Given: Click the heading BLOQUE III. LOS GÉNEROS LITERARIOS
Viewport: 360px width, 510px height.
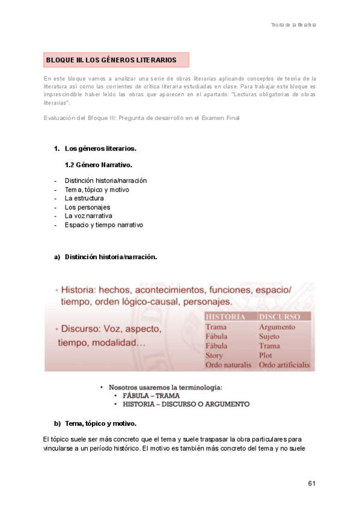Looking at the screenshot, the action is click(111, 60).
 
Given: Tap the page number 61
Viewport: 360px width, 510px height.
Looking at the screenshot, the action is click(311, 484).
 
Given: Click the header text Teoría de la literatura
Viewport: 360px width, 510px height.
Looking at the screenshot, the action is click(293, 25).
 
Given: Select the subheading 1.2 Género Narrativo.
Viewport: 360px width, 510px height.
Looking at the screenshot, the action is click(98, 164).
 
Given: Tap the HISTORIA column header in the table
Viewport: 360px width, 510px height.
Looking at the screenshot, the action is click(225, 316).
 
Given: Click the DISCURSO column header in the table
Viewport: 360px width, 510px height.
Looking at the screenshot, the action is click(279, 316).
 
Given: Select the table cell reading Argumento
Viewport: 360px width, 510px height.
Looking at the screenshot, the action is click(276, 327).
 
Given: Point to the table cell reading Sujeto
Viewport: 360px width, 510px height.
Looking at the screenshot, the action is click(269, 336).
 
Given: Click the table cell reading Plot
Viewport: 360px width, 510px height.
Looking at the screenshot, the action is click(266, 355).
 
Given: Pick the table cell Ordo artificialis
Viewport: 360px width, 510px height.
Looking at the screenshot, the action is click(284, 365).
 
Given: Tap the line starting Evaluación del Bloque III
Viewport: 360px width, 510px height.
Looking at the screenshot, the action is click(142, 118).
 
